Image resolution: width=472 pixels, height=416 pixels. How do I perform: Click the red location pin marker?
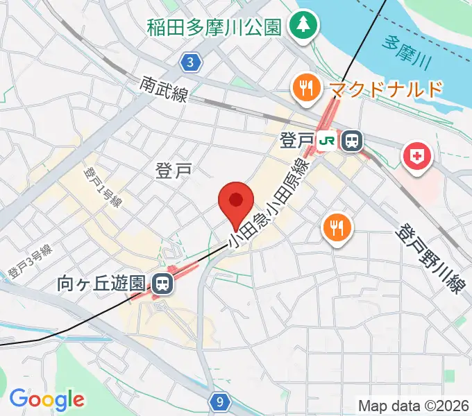pyautogui.click(x=236, y=203)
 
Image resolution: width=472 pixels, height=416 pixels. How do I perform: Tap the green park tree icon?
pyautogui.click(x=303, y=27)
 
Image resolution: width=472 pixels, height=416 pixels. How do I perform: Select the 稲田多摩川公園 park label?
pyautogui.click(x=214, y=28)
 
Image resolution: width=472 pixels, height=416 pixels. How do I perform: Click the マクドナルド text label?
pyautogui.click(x=386, y=89)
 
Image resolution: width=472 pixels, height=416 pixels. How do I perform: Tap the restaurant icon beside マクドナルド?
pyautogui.click(x=305, y=88)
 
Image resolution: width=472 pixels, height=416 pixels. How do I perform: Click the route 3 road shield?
pyautogui.click(x=191, y=63)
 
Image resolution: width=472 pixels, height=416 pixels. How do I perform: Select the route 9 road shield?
pyautogui.click(x=219, y=401)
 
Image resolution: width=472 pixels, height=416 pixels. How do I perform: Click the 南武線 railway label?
pyautogui.click(x=164, y=89)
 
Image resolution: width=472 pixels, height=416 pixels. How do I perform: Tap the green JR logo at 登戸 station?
pyautogui.click(x=327, y=141)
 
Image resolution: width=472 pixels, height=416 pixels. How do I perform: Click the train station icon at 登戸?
pyautogui.click(x=352, y=141)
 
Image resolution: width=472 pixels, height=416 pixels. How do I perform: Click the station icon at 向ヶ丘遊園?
pyautogui.click(x=163, y=283)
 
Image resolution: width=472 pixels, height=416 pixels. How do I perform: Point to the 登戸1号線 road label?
pyautogui.click(x=103, y=187)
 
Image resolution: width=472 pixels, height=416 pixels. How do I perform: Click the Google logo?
pyautogui.click(x=47, y=399)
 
